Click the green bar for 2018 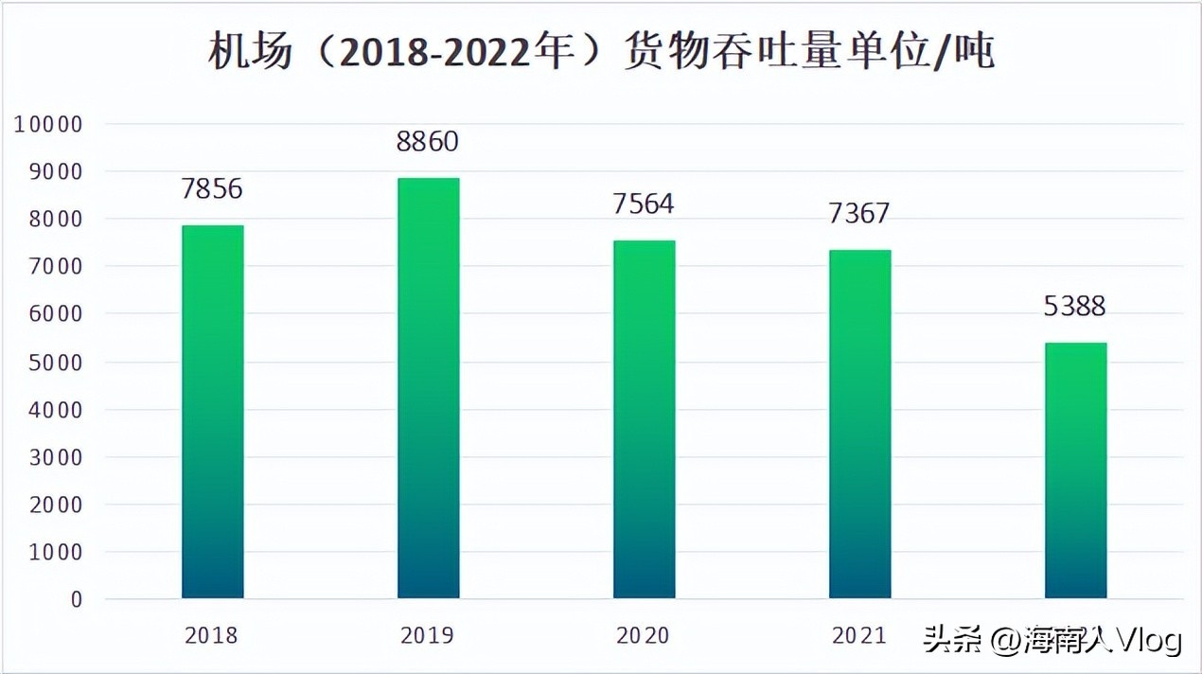coord(212,412)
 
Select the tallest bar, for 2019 coord(428,388)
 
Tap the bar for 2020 coord(644,419)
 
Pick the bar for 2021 coord(859,424)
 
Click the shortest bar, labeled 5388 coord(1075,470)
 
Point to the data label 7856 coord(212,188)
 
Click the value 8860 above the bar coord(428,141)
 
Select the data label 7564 coord(644,204)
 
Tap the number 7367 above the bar coord(859,213)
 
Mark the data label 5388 coord(1075,306)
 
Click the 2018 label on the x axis coord(212,635)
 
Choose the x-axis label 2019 coord(428,635)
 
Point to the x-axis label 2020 coord(644,635)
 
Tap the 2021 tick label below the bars coord(859,635)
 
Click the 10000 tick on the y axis coord(49,124)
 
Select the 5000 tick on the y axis coord(55,363)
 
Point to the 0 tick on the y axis coord(77,600)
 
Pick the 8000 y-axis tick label coord(55,220)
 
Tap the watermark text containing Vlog coord(1053,641)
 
